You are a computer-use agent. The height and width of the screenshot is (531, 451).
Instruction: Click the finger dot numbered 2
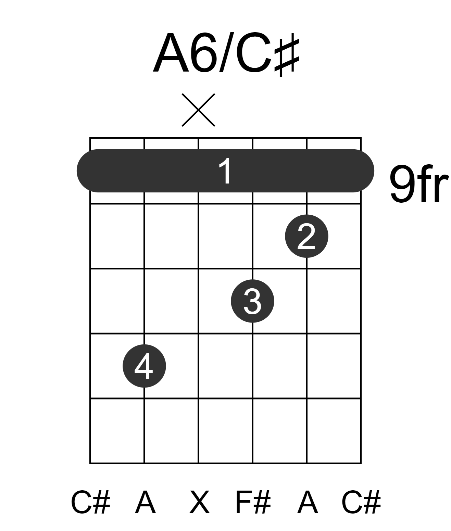coord(306,236)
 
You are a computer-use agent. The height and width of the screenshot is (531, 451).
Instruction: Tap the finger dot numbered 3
coord(252,301)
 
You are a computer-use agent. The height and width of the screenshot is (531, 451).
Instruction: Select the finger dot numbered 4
coord(144,366)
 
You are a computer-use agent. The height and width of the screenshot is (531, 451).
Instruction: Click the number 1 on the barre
coord(225,171)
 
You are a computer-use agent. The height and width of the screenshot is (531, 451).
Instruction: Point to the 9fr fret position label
coord(418,184)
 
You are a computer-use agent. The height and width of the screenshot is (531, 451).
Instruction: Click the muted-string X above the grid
coord(198,110)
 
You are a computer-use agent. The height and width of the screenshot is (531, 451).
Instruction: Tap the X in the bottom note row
coord(199,502)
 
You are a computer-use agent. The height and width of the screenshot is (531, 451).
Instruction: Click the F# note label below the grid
coord(253,502)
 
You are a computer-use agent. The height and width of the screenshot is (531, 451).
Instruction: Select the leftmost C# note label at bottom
coord(90,502)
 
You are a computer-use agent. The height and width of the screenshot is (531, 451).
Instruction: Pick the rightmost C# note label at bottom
coord(361,502)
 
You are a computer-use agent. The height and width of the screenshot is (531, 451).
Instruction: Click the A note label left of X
coord(145,502)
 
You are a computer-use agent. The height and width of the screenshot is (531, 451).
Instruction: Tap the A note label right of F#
coord(308,502)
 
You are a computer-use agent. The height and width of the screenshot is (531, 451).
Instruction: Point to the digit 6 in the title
coord(204,53)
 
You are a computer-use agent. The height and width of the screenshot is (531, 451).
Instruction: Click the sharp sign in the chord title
coord(287,57)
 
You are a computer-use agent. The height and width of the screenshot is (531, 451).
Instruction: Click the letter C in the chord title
coord(254,53)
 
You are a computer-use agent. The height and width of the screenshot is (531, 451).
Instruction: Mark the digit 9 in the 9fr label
coord(401,184)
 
